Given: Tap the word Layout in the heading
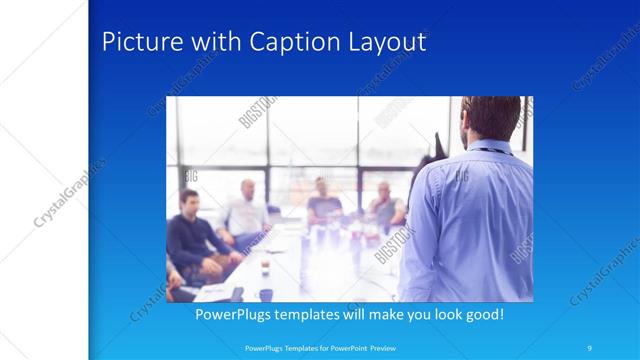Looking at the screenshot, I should pos(385,43).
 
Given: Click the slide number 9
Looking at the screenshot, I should pos(591,347).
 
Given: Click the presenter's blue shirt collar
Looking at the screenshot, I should pos(489,150).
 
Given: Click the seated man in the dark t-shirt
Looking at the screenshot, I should pos(322,200).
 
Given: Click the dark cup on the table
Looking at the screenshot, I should pos(266,294).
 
